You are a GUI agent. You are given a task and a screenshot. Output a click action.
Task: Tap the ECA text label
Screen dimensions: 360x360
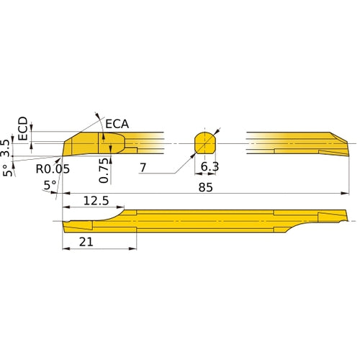point(117,124)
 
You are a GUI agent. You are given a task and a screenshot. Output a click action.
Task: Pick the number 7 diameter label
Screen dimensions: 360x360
point(144,168)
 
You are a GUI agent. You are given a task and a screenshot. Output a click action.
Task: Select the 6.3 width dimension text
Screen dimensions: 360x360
point(210,167)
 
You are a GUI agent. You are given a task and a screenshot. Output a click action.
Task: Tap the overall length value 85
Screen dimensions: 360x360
point(207,186)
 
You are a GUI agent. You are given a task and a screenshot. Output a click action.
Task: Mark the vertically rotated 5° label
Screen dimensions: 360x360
point(7,171)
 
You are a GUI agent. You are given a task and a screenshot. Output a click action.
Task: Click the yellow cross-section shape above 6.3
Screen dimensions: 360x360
point(205,142)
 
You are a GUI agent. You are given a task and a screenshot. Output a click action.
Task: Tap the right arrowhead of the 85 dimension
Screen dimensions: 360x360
point(344,193)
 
